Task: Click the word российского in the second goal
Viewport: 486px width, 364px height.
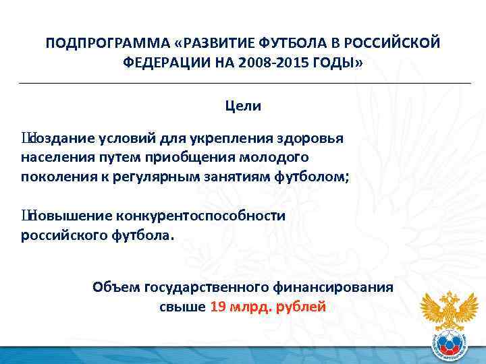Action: [60, 235]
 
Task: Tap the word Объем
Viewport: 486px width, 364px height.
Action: [115, 287]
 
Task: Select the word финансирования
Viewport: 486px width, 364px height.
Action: [333, 287]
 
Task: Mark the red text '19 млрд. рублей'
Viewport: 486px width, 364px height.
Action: [269, 307]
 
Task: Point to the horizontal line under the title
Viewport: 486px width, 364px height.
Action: [243, 82]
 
